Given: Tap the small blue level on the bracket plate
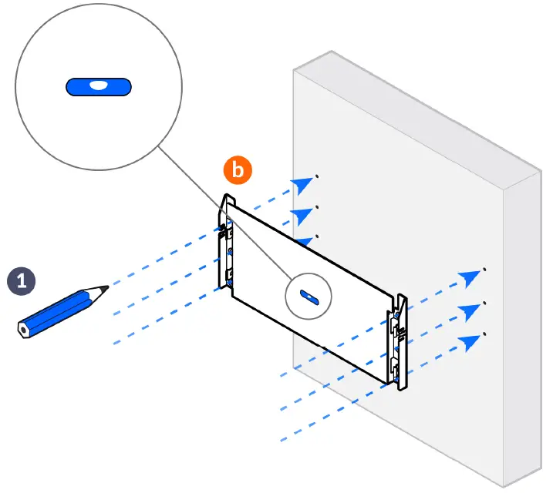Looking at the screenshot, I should [x=306, y=297].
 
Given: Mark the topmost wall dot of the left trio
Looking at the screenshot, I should [x=317, y=175].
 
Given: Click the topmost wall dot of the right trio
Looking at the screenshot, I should [x=484, y=270].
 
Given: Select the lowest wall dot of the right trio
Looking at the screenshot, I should [x=484, y=334].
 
